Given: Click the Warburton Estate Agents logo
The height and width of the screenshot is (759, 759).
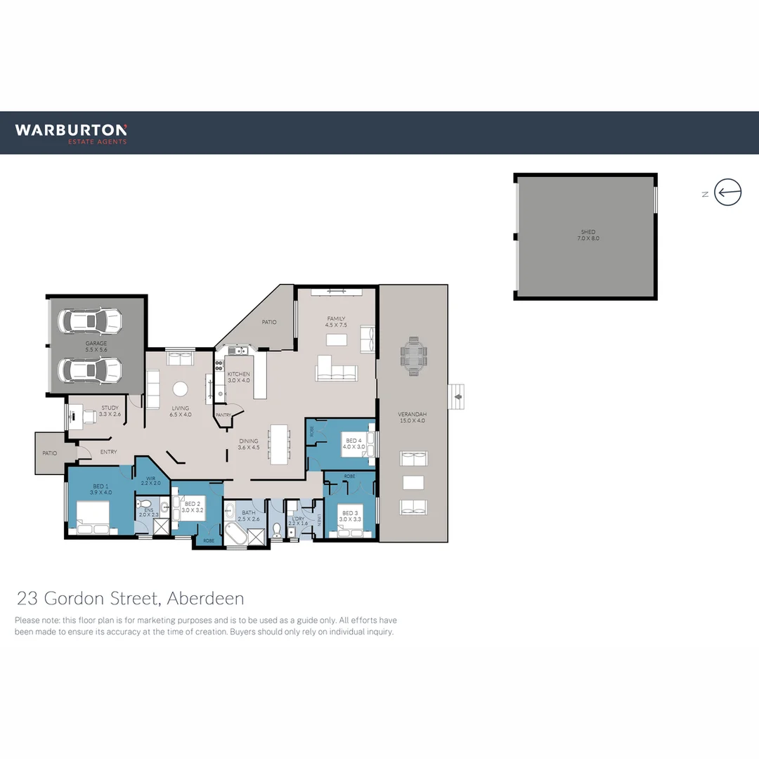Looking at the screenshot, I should coord(71,133).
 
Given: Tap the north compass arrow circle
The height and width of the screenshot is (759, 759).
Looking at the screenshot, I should coord(728,192).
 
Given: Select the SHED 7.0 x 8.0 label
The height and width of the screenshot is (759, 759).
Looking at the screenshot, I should coord(588,235).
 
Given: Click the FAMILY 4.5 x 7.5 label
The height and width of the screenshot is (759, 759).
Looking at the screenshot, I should coord(336,322).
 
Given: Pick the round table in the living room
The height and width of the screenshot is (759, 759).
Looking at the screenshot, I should coord(181,389).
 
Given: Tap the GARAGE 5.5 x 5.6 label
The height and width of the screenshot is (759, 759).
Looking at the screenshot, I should coord(96,346).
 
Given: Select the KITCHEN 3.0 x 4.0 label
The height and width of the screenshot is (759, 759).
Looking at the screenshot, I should coord(238,377).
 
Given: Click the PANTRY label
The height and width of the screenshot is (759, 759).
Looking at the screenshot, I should coord(223,415).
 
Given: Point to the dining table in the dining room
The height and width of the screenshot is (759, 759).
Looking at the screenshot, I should coord(279,443).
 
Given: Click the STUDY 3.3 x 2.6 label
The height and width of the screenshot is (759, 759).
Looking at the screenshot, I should coord(110,410).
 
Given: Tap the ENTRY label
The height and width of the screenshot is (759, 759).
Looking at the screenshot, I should coord(109,452).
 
